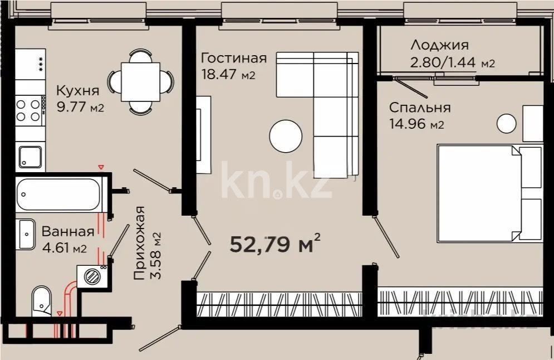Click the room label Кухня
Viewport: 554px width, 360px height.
point(78,91)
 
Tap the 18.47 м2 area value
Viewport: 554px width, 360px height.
point(228,75)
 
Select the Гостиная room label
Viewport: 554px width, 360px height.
point(234,59)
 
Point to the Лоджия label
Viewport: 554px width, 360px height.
point(439,45)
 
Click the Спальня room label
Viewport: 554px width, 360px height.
point(420,108)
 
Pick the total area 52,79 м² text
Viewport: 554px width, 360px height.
point(275,244)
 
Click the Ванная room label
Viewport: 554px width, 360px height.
point(67,231)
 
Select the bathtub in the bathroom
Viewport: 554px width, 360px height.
point(58,194)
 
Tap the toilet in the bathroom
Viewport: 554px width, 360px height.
point(41,301)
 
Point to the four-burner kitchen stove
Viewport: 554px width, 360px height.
point(30,109)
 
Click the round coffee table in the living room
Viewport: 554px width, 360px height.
point(286,135)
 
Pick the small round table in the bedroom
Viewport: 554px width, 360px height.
point(506,123)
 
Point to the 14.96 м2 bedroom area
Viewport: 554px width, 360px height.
point(416,124)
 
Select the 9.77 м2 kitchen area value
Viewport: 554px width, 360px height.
point(81,108)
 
